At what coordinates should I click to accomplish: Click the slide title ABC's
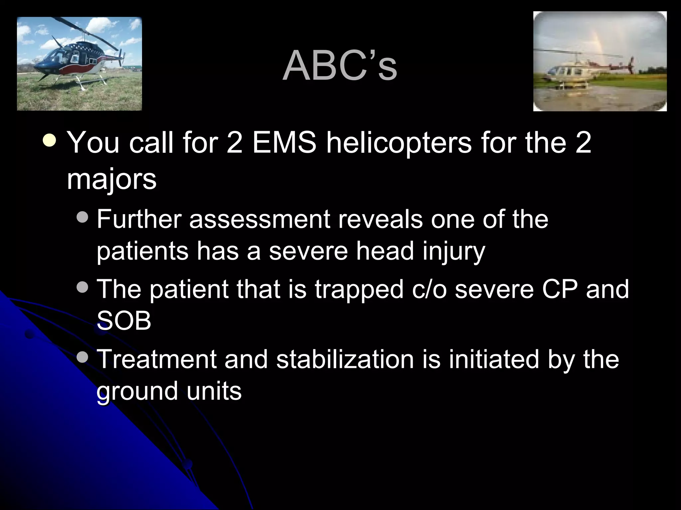point(340,66)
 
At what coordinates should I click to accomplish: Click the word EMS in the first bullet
point(284,143)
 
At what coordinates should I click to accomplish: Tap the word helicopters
point(398,143)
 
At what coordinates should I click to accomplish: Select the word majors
point(111,180)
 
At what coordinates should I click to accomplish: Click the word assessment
point(259,220)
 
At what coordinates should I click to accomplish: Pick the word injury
point(454,252)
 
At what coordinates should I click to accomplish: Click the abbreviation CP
point(559,289)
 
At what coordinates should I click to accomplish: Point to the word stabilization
point(345,359)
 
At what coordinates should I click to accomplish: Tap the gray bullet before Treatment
point(82,357)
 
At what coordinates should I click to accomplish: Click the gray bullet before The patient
point(82,287)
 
